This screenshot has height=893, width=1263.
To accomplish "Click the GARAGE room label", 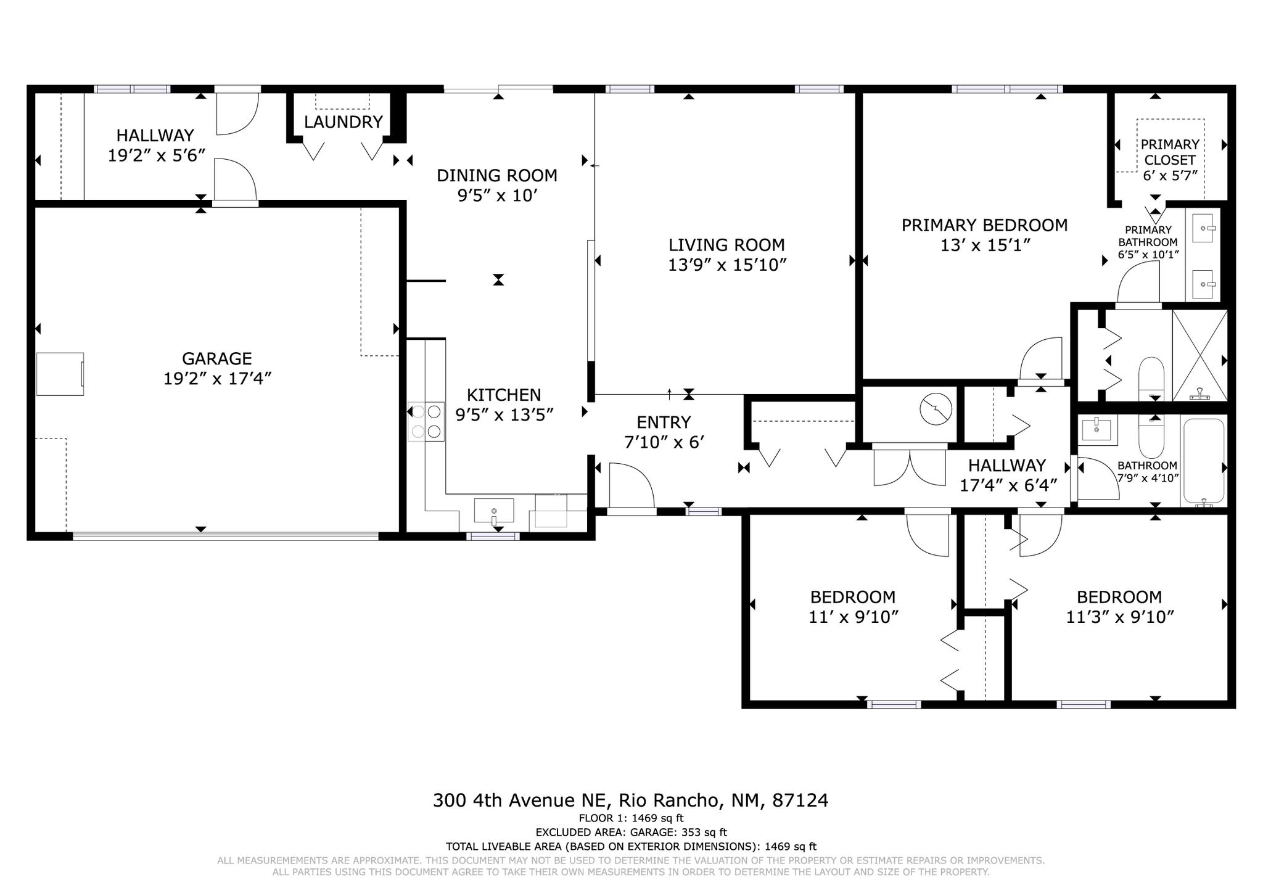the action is coord(216,358).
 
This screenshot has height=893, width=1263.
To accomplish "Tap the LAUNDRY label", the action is coord(344,122).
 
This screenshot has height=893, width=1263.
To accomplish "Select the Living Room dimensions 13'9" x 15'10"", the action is coord(727,265).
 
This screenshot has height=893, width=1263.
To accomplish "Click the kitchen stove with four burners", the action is coord(426,421).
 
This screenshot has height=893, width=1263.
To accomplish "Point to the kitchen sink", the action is coord(493,511).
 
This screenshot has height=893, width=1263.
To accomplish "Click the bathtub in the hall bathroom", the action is coord(1203,461).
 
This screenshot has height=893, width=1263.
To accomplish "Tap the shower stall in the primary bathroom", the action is coord(1199,355).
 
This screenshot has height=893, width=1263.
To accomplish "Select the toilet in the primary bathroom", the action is coord(1150,377).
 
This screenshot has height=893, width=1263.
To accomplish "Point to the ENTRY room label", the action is coord(664,422).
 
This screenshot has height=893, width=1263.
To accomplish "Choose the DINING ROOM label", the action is coord(497,176).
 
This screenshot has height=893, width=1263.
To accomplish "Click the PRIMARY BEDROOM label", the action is coord(984,225).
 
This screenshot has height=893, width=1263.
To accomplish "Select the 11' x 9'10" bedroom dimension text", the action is coord(853,617).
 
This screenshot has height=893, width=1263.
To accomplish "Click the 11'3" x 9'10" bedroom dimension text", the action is coord(1119,617).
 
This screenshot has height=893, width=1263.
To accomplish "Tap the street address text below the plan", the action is coord(630,800).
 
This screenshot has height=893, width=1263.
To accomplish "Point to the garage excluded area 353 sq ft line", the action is coord(631,833).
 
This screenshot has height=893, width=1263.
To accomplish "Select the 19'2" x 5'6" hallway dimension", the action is coord(156,155).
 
